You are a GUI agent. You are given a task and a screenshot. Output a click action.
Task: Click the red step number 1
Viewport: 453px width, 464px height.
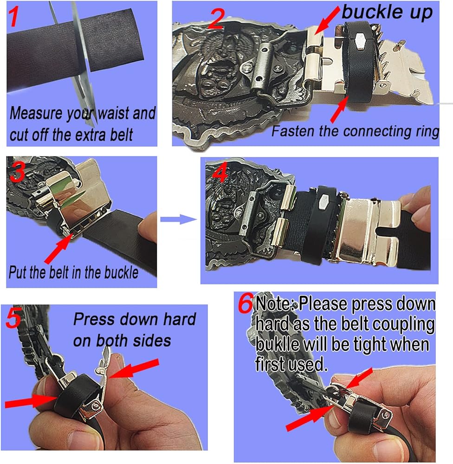14,17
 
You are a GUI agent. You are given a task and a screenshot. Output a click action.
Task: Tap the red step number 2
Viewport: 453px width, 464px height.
216,19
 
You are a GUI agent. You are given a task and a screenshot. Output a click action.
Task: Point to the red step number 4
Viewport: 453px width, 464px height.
220,172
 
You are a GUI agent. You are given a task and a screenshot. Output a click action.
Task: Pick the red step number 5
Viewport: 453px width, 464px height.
13,318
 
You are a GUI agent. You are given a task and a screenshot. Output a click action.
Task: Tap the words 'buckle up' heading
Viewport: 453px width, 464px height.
387,13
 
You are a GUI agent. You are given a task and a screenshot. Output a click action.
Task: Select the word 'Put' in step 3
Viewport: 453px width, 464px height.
18,272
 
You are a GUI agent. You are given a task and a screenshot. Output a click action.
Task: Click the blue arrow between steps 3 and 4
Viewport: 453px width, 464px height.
179,219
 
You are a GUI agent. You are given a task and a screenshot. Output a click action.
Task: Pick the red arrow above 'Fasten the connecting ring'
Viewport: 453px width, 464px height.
339,110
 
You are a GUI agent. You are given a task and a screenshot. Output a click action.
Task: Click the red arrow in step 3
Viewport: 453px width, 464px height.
58,248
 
